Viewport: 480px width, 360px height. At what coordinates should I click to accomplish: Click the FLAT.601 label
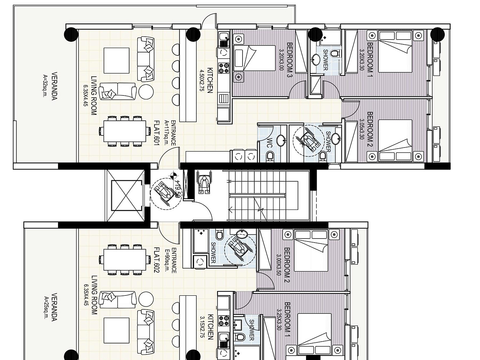pos(156,133)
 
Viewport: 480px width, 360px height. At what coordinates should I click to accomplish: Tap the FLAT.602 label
pos(156,260)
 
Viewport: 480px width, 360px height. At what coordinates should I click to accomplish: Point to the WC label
pos(269,143)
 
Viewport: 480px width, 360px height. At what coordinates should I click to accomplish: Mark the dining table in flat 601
pos(125,131)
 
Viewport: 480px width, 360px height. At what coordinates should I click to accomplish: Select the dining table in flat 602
pos(125,259)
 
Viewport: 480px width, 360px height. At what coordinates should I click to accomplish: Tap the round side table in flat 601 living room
pos(146,91)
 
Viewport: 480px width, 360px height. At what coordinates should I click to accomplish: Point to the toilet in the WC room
pos(270,157)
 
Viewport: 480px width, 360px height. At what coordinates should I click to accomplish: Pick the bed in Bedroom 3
pos(255,58)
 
